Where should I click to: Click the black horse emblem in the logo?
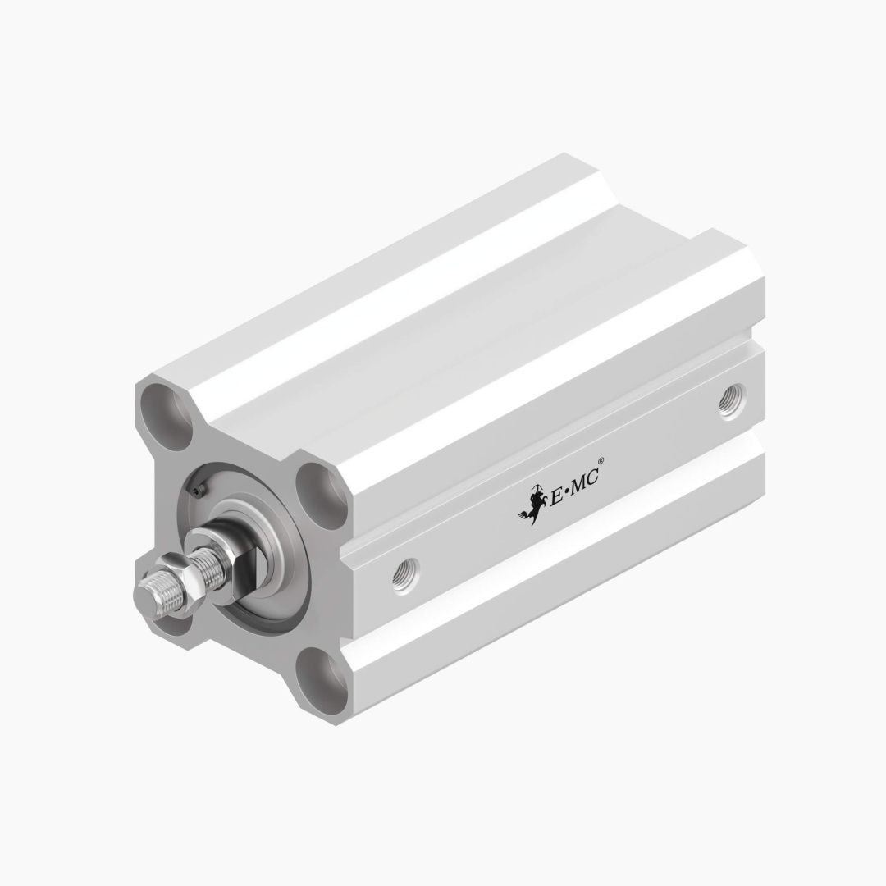click(532, 505)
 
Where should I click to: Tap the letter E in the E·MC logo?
click(556, 496)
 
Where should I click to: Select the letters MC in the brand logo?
click(586, 482)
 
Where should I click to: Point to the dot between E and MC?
click(568, 493)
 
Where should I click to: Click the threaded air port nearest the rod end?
click(406, 573)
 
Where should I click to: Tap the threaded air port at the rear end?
click(733, 400)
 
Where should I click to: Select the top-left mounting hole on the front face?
click(166, 417)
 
